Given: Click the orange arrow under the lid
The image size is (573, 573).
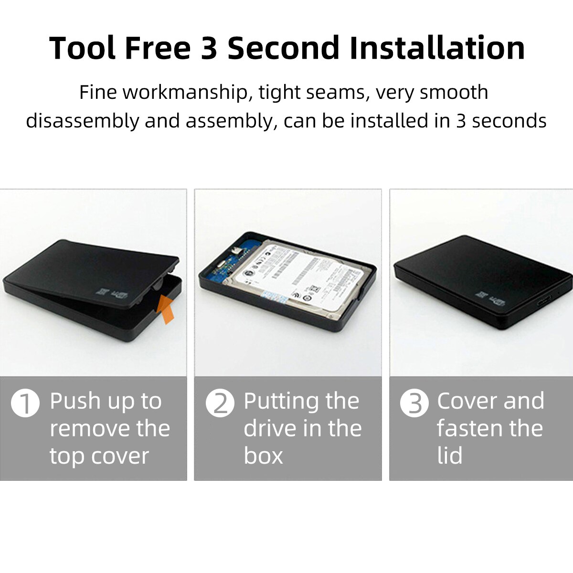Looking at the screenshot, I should pyautogui.click(x=166, y=309).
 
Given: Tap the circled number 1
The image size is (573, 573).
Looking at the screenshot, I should pyautogui.click(x=25, y=403).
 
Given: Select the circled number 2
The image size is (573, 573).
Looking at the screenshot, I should pyautogui.click(x=220, y=403).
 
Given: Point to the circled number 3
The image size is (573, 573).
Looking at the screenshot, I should pyautogui.click(x=414, y=403).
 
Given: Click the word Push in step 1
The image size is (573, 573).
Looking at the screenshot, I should pyautogui.click(x=75, y=401).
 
